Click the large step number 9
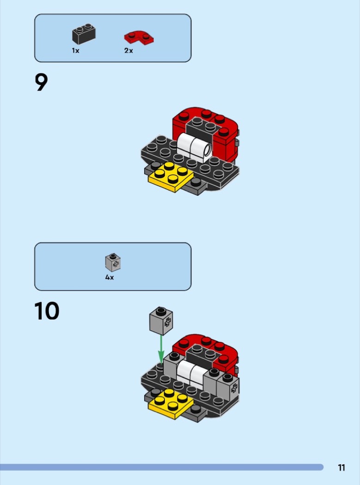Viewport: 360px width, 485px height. [41, 82]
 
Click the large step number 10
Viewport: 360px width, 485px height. [47, 311]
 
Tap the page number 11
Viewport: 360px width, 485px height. [342, 467]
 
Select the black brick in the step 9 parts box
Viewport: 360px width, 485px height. [84, 34]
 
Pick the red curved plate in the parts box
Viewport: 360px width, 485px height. [139, 37]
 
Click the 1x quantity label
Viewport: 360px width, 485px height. [75, 50]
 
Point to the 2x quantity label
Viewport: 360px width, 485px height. [128, 50]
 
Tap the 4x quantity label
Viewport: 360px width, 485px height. [109, 278]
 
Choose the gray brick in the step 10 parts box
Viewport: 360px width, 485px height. [113, 262]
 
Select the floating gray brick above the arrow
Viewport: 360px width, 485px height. [161, 321]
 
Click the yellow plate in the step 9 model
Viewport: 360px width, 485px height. [171, 177]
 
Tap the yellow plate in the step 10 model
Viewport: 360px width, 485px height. [171, 404]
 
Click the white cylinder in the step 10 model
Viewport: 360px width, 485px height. [191, 374]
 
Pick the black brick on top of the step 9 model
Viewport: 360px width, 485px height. [201, 127]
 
